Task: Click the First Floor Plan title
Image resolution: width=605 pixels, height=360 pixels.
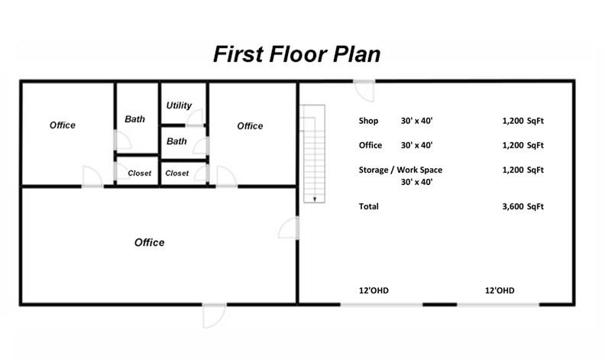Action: [x=296, y=54]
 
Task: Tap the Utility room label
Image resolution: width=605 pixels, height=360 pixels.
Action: [x=179, y=105]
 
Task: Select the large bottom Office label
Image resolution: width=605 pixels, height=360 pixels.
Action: [x=149, y=242]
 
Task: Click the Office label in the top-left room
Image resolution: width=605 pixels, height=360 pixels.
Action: [x=63, y=125]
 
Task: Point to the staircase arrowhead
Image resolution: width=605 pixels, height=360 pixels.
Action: [x=315, y=199]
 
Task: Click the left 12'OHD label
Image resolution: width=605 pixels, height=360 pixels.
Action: [x=374, y=290]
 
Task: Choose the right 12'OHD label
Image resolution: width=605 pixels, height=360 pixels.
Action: [x=500, y=290]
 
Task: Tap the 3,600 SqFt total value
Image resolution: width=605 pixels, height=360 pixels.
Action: [x=522, y=206]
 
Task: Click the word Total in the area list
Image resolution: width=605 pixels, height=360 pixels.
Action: [x=368, y=206]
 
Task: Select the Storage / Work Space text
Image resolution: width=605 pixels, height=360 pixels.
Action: [x=400, y=170]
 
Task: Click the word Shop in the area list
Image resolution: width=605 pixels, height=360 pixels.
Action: [x=368, y=121]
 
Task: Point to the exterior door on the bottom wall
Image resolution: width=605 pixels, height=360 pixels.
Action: [x=214, y=316]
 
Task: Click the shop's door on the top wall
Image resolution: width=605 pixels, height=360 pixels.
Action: [x=364, y=91]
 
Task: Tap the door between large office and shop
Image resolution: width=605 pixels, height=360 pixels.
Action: [x=289, y=228]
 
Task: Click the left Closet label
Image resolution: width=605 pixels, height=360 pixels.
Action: [x=139, y=174]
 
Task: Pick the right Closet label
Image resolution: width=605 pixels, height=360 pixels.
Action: [x=177, y=174]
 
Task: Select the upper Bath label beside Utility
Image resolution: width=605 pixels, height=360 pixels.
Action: [x=134, y=119]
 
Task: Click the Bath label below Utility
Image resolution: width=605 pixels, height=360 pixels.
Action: [x=176, y=141]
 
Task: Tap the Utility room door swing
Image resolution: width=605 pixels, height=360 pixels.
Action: [x=195, y=118]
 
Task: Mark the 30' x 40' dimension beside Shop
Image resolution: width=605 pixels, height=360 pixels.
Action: [x=417, y=121]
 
